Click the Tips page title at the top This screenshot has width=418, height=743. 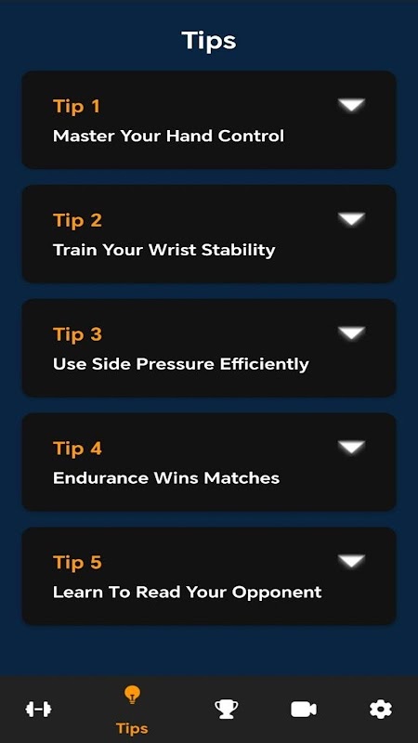[x=208, y=41]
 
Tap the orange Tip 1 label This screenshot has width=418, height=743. [x=76, y=106]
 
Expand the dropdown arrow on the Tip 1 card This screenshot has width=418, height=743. [x=352, y=105]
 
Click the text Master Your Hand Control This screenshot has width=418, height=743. [x=168, y=136]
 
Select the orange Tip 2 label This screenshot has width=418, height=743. [x=77, y=220]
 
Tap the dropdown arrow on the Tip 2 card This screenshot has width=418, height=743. [x=352, y=219]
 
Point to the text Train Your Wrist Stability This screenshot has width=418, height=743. [x=164, y=250]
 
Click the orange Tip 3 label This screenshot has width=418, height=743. [x=77, y=334]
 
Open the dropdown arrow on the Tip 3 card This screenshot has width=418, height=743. [x=352, y=333]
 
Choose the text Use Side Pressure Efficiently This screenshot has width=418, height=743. [x=180, y=364]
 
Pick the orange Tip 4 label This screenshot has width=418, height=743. [x=77, y=449]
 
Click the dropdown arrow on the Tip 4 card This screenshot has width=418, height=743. [x=352, y=448]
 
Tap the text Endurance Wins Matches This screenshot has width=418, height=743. [x=166, y=478]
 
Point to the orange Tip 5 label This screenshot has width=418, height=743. [x=77, y=563]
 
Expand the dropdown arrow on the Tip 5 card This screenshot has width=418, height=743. [x=352, y=562]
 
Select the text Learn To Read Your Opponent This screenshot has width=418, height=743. [x=188, y=593]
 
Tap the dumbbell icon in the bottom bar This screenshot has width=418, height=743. [x=38, y=710]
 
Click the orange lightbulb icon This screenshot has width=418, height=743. [x=132, y=695]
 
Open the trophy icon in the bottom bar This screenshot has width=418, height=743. [x=226, y=710]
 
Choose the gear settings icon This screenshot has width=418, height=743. [x=381, y=710]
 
